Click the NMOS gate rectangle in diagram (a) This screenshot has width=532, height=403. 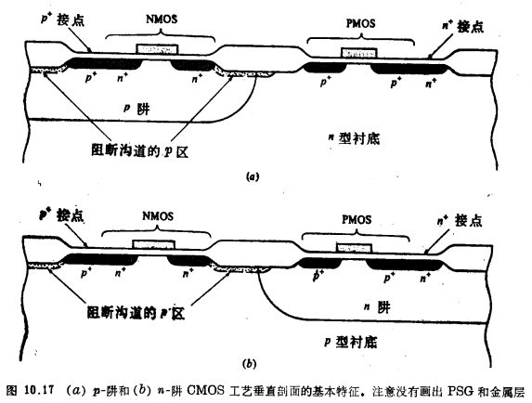coord(154,48)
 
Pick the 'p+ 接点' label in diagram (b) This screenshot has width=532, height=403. coord(58,214)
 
